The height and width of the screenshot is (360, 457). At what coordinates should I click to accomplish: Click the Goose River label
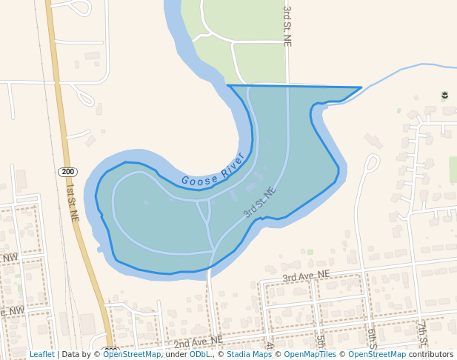(x=213, y=171)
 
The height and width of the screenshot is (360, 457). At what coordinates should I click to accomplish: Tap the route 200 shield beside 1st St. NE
(x=68, y=172)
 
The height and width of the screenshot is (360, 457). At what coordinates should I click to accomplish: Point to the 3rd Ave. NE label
(x=305, y=276)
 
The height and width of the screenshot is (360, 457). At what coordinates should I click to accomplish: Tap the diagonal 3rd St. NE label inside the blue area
(x=259, y=201)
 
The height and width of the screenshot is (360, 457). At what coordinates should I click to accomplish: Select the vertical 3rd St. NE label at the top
(x=287, y=27)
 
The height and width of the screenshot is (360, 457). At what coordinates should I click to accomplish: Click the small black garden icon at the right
(x=444, y=96)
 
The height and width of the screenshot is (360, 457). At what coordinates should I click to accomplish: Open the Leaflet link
(x=41, y=354)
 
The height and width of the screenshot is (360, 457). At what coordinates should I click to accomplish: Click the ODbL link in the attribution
(x=200, y=354)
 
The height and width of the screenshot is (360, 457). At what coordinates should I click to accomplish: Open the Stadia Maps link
(x=249, y=354)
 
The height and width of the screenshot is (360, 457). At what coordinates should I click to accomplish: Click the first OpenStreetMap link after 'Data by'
(x=132, y=354)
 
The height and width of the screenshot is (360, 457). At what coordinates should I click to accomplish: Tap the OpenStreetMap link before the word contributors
(x=376, y=354)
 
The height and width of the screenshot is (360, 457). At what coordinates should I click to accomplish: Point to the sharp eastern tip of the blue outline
(x=361, y=87)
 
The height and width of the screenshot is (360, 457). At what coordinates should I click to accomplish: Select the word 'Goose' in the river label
(x=196, y=179)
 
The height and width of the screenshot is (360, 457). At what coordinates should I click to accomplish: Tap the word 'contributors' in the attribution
(x=431, y=354)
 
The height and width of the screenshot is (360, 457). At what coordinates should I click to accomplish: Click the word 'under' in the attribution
(x=176, y=354)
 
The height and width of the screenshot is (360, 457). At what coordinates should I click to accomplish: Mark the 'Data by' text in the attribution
(x=79, y=354)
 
